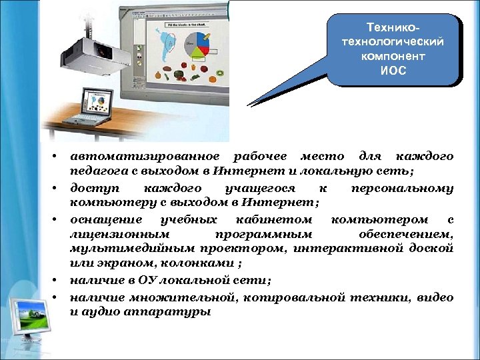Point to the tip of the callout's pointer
248,105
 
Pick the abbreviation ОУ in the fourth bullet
149,280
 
